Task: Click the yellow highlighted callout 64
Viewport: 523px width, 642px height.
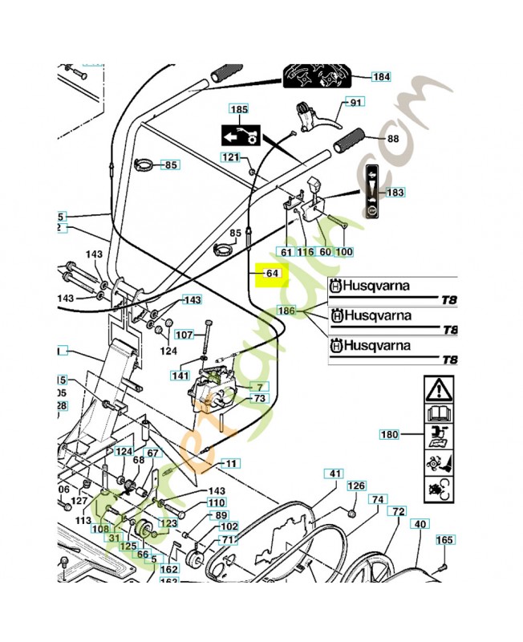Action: [271, 274]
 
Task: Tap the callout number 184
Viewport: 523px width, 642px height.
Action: [382, 77]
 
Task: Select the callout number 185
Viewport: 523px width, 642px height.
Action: [239, 109]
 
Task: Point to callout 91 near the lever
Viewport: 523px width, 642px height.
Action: [355, 103]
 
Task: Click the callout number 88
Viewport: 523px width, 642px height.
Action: [393, 139]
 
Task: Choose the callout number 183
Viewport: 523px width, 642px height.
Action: [395, 193]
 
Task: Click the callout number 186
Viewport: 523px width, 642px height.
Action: [286, 311]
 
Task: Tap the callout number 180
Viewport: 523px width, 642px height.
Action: [389, 435]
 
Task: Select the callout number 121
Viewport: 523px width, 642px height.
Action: [231, 157]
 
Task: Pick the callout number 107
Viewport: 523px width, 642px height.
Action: [184, 335]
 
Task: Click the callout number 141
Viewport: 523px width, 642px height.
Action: [180, 375]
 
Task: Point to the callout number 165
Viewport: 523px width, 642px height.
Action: [445, 540]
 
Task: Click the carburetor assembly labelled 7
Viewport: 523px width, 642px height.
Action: [213, 388]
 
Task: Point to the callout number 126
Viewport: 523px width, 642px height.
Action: [355, 486]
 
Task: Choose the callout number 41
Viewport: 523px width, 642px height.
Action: [334, 473]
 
